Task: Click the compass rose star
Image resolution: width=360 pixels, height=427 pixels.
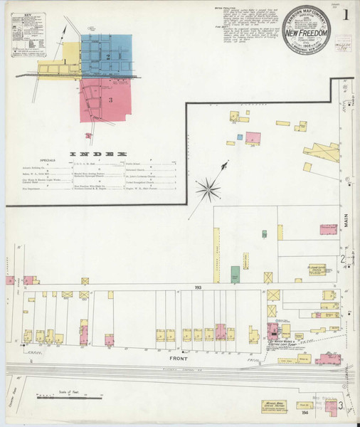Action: [208, 189]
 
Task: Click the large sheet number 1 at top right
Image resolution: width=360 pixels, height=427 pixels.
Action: [345, 14]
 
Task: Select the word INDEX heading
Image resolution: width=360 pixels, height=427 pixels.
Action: [98, 154]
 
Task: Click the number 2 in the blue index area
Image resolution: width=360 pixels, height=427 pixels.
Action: [107, 55]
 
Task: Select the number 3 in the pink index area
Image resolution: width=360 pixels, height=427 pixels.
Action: [111, 99]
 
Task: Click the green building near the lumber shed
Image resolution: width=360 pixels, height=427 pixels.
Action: [235, 274]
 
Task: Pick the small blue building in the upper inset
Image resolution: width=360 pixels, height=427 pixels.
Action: [240, 136]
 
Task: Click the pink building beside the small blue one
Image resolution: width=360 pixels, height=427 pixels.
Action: [253, 137]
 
